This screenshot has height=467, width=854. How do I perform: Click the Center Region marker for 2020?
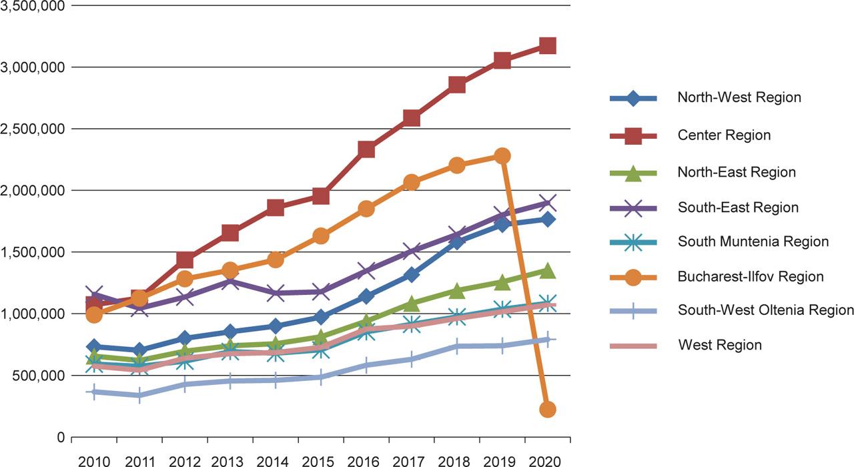pyautogui.click(x=548, y=46)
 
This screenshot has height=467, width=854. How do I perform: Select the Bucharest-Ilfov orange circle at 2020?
pyautogui.click(x=548, y=410)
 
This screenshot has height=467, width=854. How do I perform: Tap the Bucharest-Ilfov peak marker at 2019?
pyautogui.click(x=502, y=156)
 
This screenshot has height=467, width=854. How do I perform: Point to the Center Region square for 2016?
pyautogui.click(x=366, y=149)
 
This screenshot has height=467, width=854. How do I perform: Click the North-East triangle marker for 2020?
pyautogui.click(x=548, y=270)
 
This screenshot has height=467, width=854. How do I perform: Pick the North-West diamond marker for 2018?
pyautogui.click(x=457, y=242)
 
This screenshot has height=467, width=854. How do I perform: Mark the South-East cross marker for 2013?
pyautogui.click(x=230, y=281)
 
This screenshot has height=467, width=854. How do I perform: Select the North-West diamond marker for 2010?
pyautogui.click(x=94, y=347)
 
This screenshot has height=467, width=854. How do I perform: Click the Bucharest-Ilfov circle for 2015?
pyautogui.click(x=320, y=236)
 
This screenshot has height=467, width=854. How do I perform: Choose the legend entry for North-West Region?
pyautogui.click(x=739, y=97)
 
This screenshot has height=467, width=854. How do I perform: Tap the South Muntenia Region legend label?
pyautogui.click(x=753, y=242)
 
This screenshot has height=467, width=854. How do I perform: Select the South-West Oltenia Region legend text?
pyautogui.click(x=765, y=310)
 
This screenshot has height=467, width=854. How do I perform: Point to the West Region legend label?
pyautogui.click(x=719, y=345)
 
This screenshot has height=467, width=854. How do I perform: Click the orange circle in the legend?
pyautogui.click(x=634, y=276)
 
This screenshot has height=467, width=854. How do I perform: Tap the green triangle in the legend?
pyautogui.click(x=634, y=173)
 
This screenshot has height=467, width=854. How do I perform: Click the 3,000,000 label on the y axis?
pyautogui.click(x=33, y=67)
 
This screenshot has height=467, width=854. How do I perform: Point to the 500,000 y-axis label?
pyautogui.click(x=37, y=376)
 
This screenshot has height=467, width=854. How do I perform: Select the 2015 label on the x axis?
pyautogui.click(x=320, y=460)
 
